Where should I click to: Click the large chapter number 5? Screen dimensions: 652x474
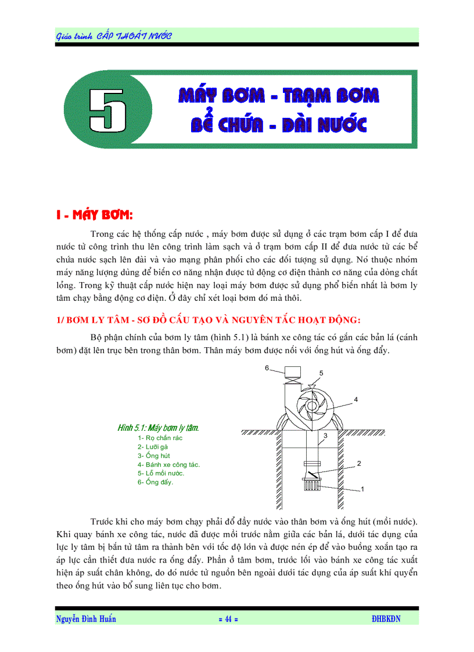[107, 109]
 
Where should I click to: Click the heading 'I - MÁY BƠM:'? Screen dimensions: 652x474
[95, 215]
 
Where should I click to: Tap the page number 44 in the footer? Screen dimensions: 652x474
[228, 619]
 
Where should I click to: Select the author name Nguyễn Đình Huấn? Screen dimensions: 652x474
[86, 619]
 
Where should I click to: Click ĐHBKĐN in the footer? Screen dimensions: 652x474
[386, 619]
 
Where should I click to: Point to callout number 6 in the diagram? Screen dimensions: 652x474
[267, 368]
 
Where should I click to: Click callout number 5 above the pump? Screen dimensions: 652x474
[321, 373]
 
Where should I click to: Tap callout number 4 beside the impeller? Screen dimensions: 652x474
[355, 399]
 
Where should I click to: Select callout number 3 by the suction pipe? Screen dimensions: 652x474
[325, 435]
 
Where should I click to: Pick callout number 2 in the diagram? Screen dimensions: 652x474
[358, 463]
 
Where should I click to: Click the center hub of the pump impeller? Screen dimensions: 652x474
[312, 406]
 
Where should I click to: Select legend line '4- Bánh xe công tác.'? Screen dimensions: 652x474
[168, 464]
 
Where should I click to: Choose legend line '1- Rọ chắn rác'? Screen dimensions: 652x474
[160, 438]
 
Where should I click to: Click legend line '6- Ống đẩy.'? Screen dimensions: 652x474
[155, 482]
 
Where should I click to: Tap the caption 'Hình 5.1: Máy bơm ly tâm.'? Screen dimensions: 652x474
[158, 428]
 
